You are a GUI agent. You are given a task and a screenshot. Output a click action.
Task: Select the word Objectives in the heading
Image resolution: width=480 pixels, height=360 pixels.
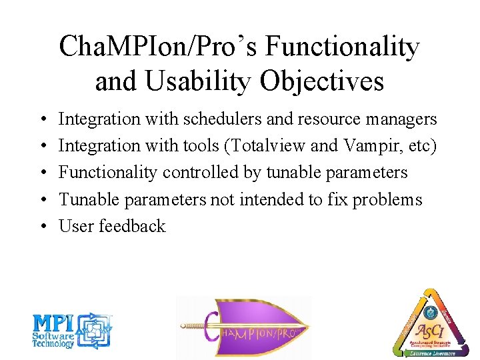[x=323, y=81]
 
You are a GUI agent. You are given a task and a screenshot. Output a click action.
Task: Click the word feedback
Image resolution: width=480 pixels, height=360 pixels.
[x=132, y=226]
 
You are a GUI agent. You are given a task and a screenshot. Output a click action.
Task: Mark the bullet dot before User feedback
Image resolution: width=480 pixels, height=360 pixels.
[x=42, y=227]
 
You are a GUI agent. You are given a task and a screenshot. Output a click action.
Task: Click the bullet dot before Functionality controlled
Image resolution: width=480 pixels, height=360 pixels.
[x=42, y=173]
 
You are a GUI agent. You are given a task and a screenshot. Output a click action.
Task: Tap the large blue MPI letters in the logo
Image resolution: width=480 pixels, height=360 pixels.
[x=55, y=323]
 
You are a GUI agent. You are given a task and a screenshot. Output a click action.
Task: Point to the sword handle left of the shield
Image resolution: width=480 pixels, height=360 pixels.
[x=193, y=327]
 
